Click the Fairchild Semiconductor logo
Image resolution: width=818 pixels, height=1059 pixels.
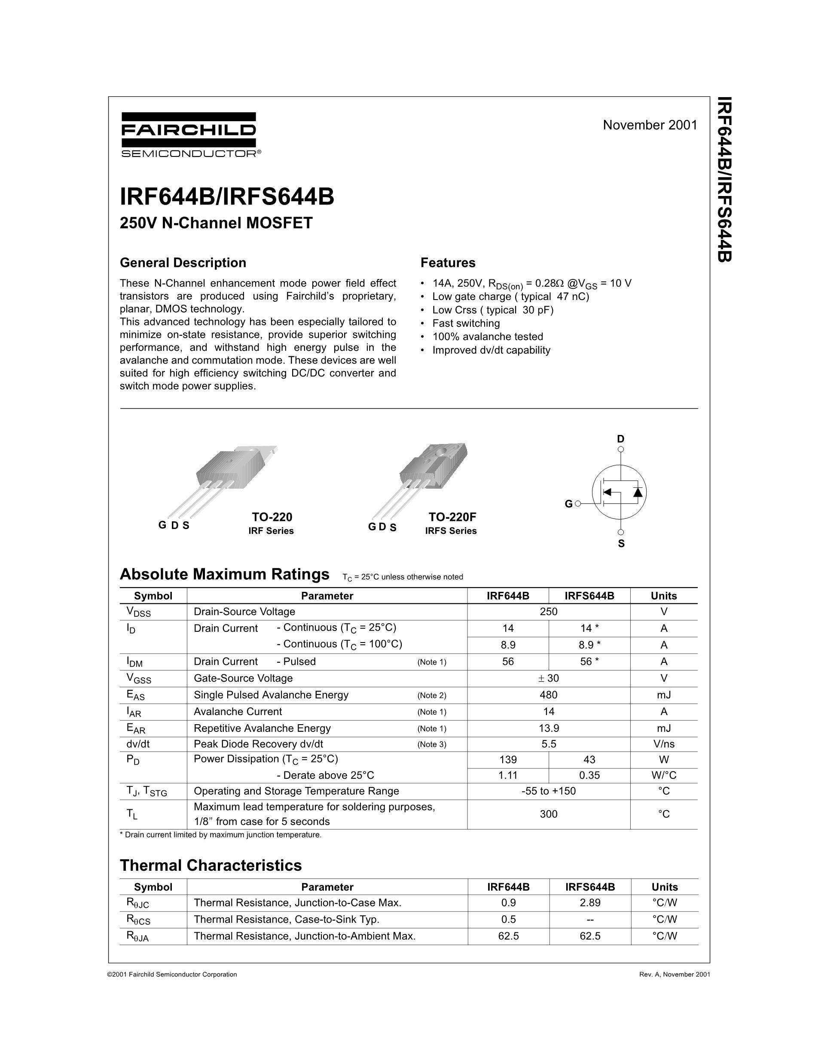(x=189, y=135)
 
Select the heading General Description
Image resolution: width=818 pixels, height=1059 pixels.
(x=183, y=263)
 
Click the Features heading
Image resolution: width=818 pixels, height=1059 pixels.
(x=448, y=263)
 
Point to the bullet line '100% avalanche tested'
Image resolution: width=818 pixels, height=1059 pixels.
(x=488, y=337)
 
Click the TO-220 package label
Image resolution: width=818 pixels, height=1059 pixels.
(x=272, y=517)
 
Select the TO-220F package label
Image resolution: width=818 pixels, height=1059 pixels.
(x=452, y=517)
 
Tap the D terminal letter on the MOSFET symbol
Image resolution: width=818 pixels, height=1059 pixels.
(x=621, y=439)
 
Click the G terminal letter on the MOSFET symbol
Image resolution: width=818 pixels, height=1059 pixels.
(x=568, y=504)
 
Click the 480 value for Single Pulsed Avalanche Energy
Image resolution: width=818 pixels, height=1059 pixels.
(x=549, y=695)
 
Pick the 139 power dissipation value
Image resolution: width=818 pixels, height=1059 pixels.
(x=508, y=760)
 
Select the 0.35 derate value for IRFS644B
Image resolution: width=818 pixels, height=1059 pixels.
(x=589, y=775)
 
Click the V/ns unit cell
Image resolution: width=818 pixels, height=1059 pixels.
(x=663, y=744)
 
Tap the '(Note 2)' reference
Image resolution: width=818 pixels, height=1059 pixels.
(x=431, y=695)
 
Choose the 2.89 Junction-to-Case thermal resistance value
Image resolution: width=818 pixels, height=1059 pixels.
(x=590, y=903)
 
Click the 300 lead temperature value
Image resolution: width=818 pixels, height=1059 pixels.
(x=549, y=814)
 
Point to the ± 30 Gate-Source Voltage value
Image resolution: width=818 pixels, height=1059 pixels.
(x=549, y=678)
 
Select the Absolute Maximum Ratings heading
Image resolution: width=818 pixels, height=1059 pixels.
(x=224, y=574)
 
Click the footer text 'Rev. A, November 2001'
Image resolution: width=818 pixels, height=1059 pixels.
(x=675, y=974)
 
